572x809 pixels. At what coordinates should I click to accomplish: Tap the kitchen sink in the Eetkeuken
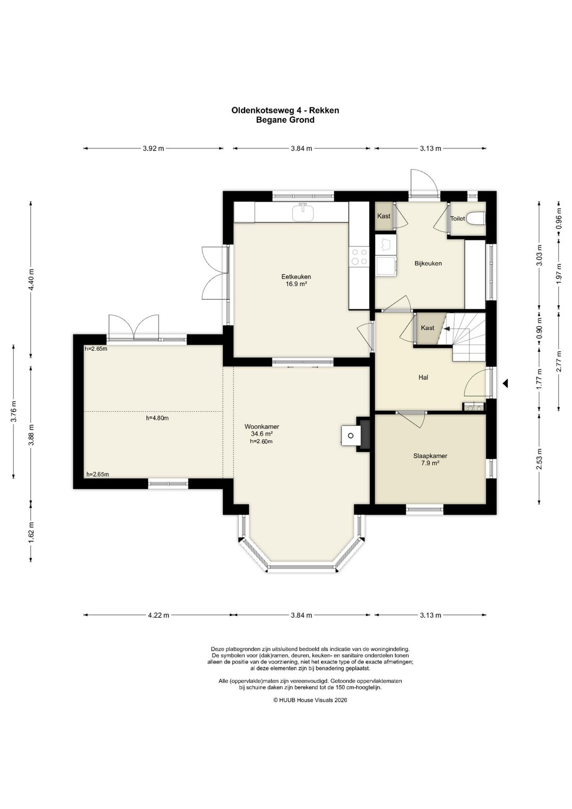(x=302, y=212)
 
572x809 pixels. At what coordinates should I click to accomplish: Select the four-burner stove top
(x=360, y=257)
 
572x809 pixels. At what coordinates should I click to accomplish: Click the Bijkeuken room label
(x=428, y=263)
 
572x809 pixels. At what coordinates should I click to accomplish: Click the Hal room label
(x=423, y=377)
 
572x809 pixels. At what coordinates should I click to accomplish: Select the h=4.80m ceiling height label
(x=157, y=418)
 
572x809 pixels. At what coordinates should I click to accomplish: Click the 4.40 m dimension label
(x=31, y=280)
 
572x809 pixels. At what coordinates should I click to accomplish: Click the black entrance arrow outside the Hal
(x=506, y=383)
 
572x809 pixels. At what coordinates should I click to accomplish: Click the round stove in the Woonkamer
(x=350, y=436)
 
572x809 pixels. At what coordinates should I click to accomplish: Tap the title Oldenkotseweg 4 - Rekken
(x=285, y=110)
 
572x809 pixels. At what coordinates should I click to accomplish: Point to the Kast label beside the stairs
(x=427, y=328)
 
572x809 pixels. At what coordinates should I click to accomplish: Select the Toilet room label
(x=457, y=218)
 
